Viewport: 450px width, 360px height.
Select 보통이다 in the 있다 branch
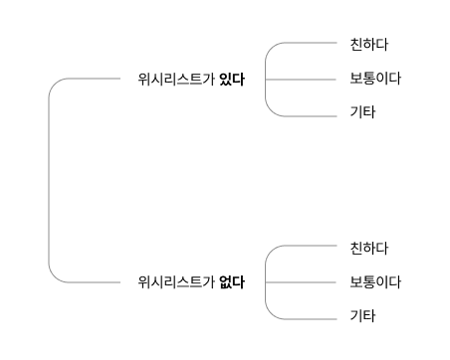tap(374, 79)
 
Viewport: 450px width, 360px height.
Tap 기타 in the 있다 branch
tap(362, 112)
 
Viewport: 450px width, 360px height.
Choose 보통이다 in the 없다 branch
tap(374, 281)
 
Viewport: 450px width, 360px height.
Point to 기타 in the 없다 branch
tap(362, 316)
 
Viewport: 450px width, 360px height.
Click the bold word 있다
tap(231, 79)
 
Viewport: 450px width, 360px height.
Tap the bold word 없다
tap(231, 281)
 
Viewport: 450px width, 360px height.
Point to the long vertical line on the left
tap(49, 179)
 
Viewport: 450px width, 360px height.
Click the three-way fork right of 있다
tap(267, 79)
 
